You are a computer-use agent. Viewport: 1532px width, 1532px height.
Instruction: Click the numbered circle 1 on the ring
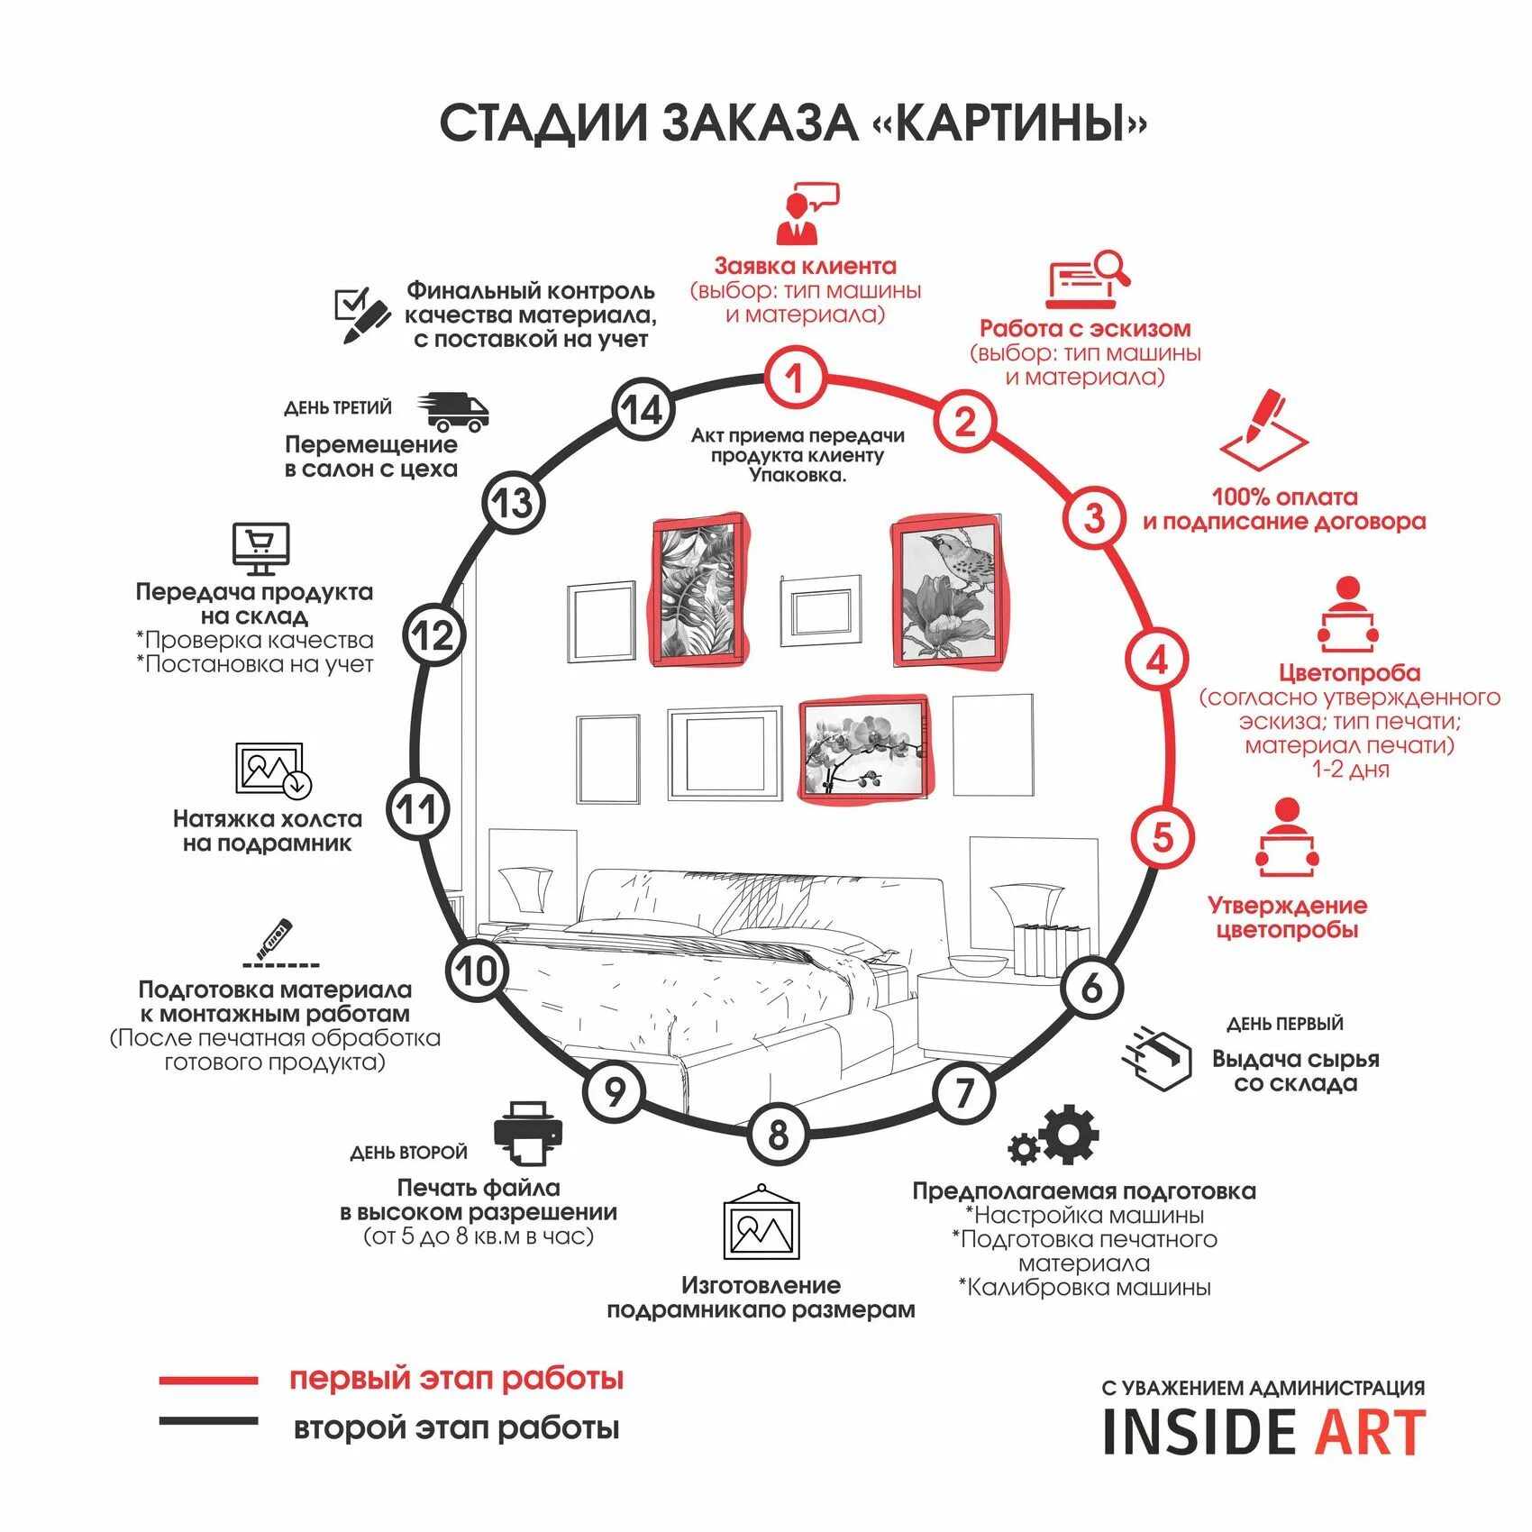pyautogui.click(x=794, y=378)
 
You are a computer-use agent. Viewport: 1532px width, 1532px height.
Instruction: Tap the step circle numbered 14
pyautogui.click(x=643, y=411)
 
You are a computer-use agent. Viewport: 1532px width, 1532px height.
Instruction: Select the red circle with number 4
pyautogui.click(x=1156, y=659)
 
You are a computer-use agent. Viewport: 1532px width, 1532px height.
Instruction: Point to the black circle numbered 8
pyautogui.click(x=778, y=1135)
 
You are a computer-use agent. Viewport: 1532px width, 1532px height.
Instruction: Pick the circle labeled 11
pyautogui.click(x=417, y=809)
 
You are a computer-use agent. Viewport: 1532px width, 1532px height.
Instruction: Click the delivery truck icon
pyautogui.click(x=452, y=411)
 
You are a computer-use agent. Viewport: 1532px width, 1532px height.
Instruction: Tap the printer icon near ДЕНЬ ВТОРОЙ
pyautogui.click(x=528, y=1132)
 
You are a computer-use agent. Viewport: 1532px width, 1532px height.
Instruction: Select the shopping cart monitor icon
pyautogui.click(x=260, y=548)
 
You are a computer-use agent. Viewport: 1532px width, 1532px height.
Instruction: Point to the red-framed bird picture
pyautogui.click(x=945, y=591)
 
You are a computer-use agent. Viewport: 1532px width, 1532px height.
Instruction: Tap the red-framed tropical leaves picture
pyautogui.click(x=698, y=591)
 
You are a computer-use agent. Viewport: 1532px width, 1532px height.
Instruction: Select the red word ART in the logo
pyautogui.click(x=1371, y=1432)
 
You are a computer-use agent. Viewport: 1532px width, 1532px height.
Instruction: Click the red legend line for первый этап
pyautogui.click(x=208, y=1380)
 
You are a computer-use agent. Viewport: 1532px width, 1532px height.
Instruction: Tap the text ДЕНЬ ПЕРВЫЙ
pyautogui.click(x=1284, y=1024)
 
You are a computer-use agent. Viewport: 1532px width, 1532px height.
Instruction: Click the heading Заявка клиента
pyautogui.click(x=805, y=266)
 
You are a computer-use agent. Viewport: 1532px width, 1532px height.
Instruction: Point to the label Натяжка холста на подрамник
pyautogui.click(x=267, y=831)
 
